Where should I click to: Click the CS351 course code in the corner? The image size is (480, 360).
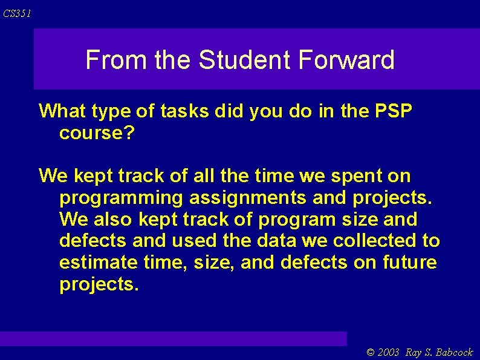click(x=16, y=13)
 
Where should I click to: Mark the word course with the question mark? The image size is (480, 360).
click(x=96, y=133)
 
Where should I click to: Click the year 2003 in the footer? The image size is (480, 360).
click(x=389, y=353)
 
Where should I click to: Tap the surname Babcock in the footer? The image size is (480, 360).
click(x=453, y=353)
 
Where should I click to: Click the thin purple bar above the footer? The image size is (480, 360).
click(x=174, y=338)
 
